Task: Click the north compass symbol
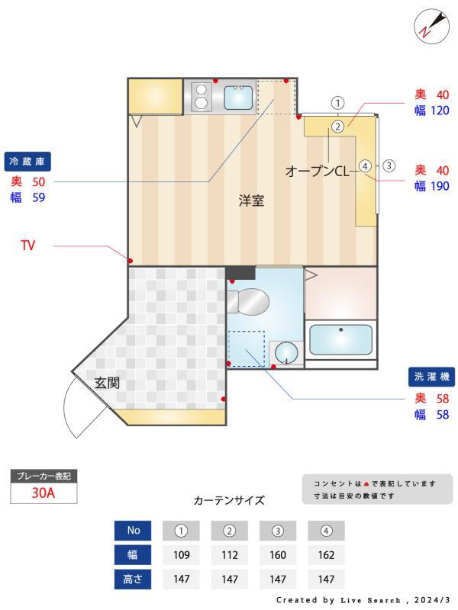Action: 429,25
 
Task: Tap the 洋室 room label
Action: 251,201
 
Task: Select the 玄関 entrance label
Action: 107,383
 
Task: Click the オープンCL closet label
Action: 316,172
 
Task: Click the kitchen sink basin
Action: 238,97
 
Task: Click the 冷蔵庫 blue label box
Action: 27,162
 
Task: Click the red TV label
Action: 27,246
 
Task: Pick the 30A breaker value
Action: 44,493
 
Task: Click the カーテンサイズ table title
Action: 229,500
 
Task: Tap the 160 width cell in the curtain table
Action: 278,555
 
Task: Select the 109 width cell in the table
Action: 182,555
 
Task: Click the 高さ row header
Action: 132,579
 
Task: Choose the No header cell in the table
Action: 132,531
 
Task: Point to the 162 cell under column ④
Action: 326,555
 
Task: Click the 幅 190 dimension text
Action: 432,185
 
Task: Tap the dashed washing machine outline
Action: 247,348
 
